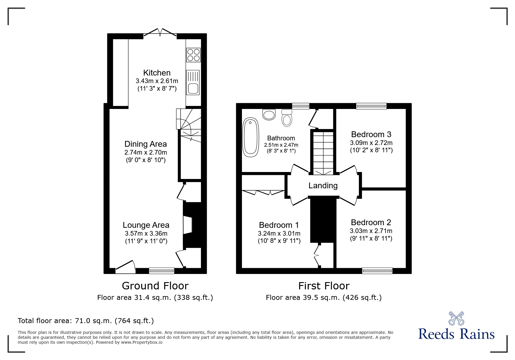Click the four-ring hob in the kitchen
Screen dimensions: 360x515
point(193,55)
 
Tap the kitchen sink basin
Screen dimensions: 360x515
point(193,88)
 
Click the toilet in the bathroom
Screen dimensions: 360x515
point(287,118)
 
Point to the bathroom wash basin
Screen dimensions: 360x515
point(269,114)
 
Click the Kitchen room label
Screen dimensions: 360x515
point(157,73)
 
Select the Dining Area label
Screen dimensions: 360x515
point(145,144)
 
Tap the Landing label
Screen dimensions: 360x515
point(323,185)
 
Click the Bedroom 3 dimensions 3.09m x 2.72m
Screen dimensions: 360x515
point(371,143)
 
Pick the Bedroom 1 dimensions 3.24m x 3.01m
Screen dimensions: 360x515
point(279,233)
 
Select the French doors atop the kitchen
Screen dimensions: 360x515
point(160,33)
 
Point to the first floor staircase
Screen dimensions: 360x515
point(323,153)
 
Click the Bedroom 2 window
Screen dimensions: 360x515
point(377,271)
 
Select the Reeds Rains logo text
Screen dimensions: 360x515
point(456,334)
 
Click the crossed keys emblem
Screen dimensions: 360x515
point(456,318)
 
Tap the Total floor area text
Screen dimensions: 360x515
point(85,321)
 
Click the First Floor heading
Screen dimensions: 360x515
point(324,286)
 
